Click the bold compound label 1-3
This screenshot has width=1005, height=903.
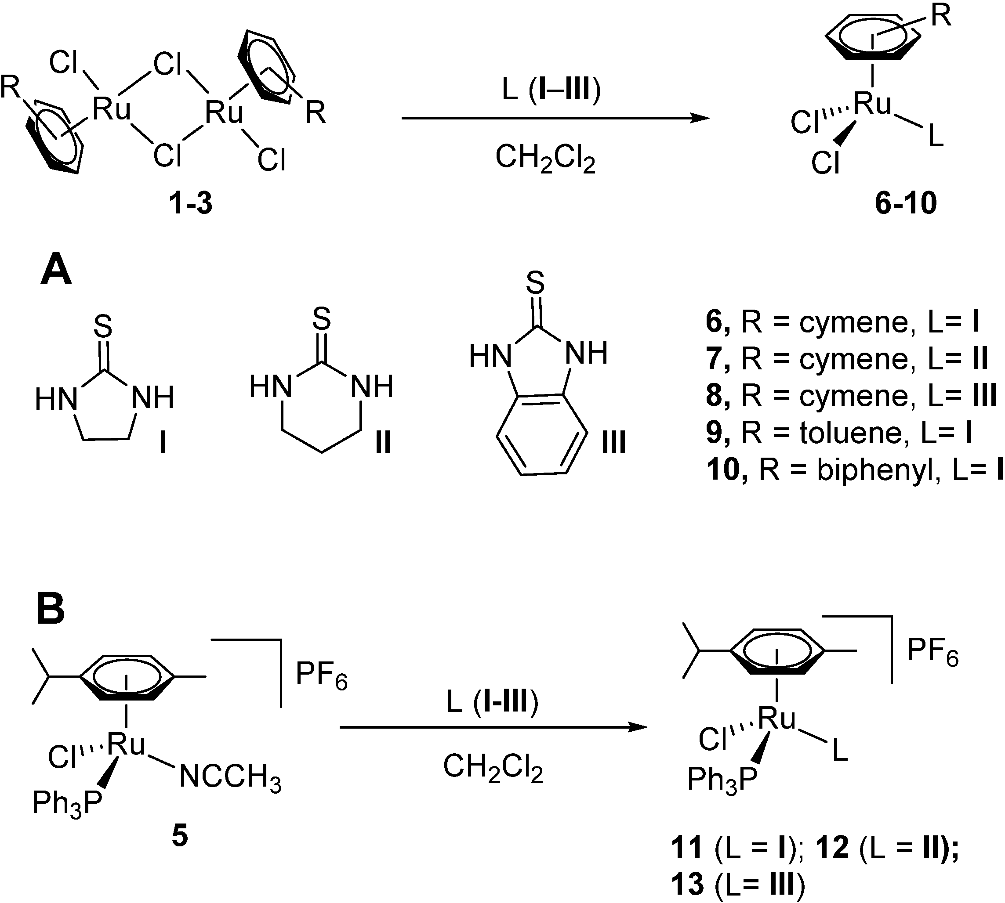(x=191, y=203)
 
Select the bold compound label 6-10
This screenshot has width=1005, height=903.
(x=906, y=203)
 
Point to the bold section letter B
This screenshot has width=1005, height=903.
(x=51, y=610)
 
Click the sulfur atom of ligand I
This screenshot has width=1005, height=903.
(x=103, y=326)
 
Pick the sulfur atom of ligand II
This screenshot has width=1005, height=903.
(x=322, y=318)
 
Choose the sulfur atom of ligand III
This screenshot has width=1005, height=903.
(x=535, y=283)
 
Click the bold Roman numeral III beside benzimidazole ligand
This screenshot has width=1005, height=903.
(x=613, y=442)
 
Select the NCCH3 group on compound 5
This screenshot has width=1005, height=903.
(x=230, y=777)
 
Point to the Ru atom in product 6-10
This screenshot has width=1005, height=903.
(x=872, y=104)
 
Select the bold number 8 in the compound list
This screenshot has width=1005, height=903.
(x=715, y=396)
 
